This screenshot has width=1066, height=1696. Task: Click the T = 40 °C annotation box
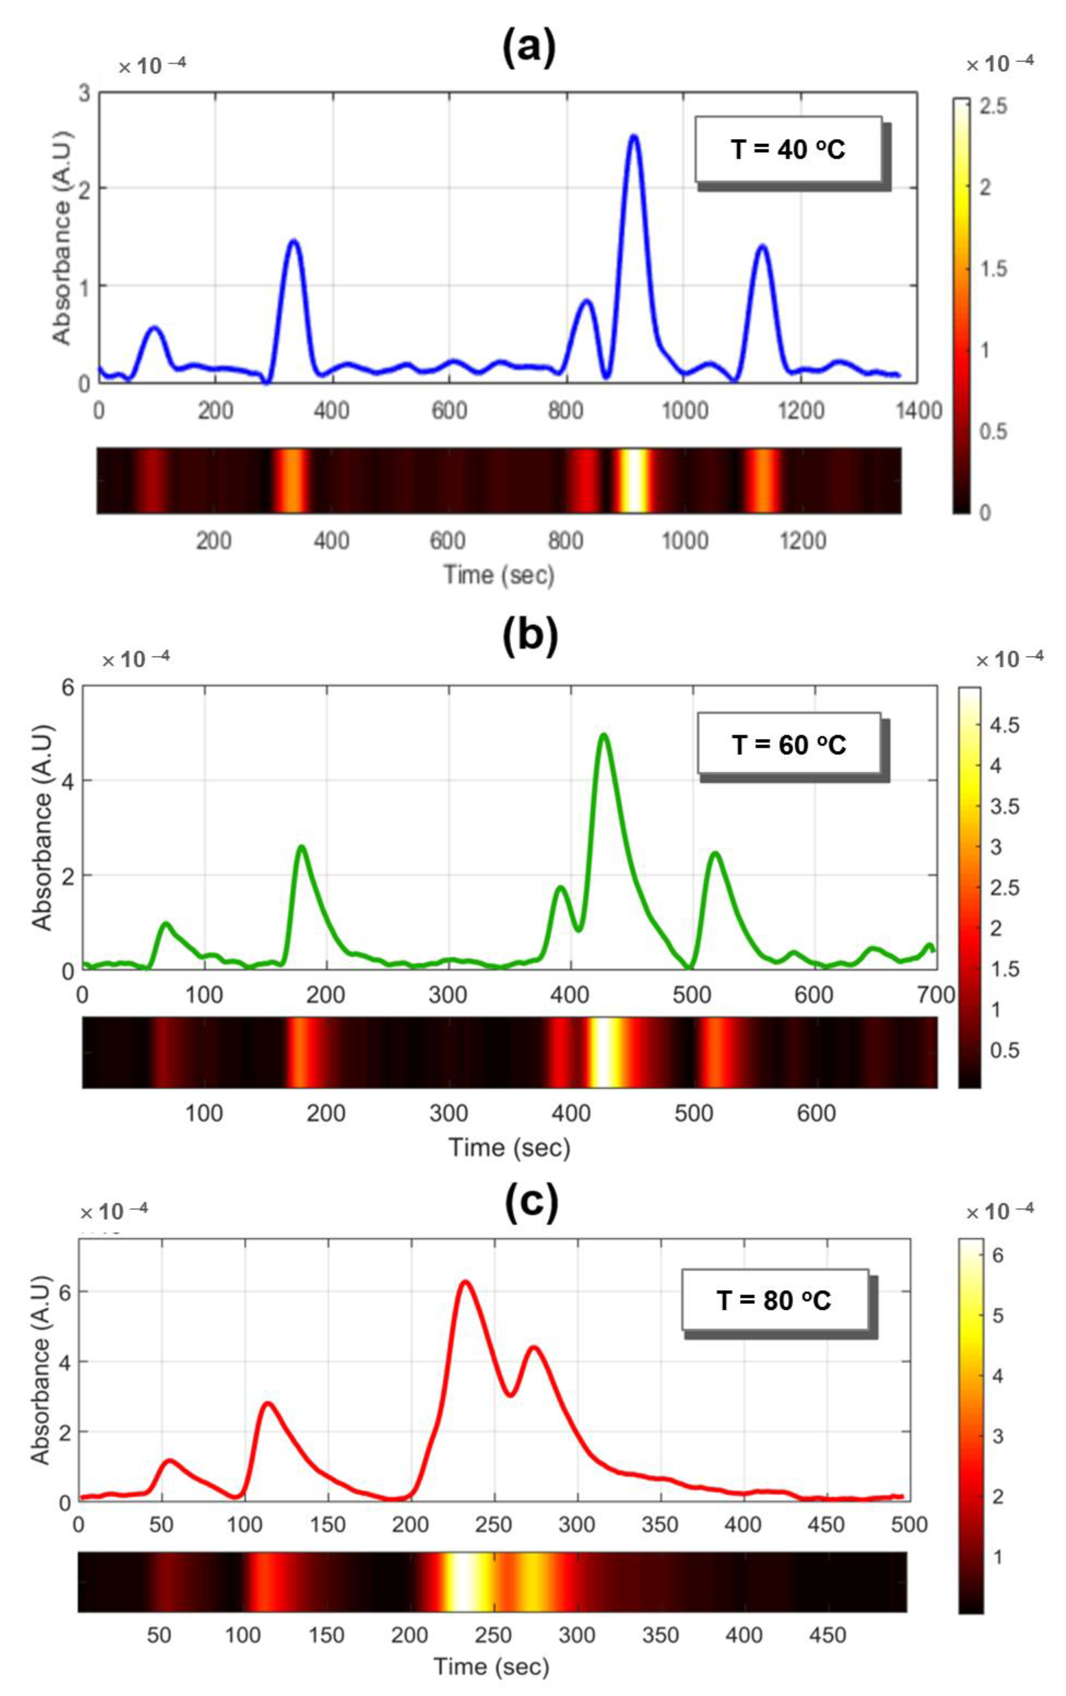tap(788, 149)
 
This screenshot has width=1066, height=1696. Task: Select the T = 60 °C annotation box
tap(788, 744)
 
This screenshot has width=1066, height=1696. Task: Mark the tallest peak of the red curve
tap(464, 1283)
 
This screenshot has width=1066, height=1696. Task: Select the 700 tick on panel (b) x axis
tap(936, 995)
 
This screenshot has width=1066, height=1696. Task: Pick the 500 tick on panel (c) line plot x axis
tap(909, 1525)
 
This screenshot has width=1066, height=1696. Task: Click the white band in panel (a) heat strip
tap(634, 480)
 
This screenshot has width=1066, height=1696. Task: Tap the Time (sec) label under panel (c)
tap(491, 1666)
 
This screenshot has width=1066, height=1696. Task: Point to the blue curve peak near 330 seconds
tap(293, 241)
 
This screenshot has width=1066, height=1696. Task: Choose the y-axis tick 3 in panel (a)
tap(85, 93)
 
